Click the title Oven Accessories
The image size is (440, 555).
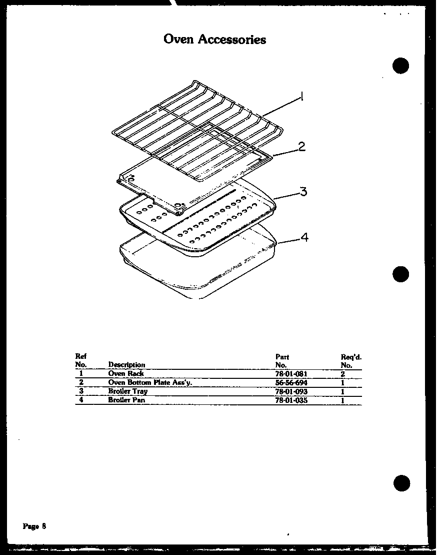[x=214, y=40]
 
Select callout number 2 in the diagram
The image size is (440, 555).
[x=301, y=147]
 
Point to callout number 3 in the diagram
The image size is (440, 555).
[x=303, y=192]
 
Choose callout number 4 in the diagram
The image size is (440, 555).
[x=304, y=237]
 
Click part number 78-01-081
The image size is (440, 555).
[x=291, y=374]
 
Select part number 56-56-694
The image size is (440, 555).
[x=291, y=383]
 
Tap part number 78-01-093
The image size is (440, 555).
[x=291, y=392]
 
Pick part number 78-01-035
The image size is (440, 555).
[x=291, y=400]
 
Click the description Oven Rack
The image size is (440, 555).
[x=126, y=374]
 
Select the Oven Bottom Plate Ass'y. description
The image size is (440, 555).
[x=150, y=383]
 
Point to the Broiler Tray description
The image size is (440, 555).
[x=127, y=392]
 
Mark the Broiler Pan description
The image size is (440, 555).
[x=126, y=400]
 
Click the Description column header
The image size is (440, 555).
[x=126, y=365]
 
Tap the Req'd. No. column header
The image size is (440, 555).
[x=351, y=361]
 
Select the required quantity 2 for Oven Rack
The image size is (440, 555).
[x=343, y=374]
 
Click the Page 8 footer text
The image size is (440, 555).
[x=34, y=526]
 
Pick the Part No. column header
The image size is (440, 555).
[x=282, y=361]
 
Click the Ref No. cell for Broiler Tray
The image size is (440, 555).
[x=80, y=391]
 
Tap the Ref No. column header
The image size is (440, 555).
[x=80, y=360]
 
